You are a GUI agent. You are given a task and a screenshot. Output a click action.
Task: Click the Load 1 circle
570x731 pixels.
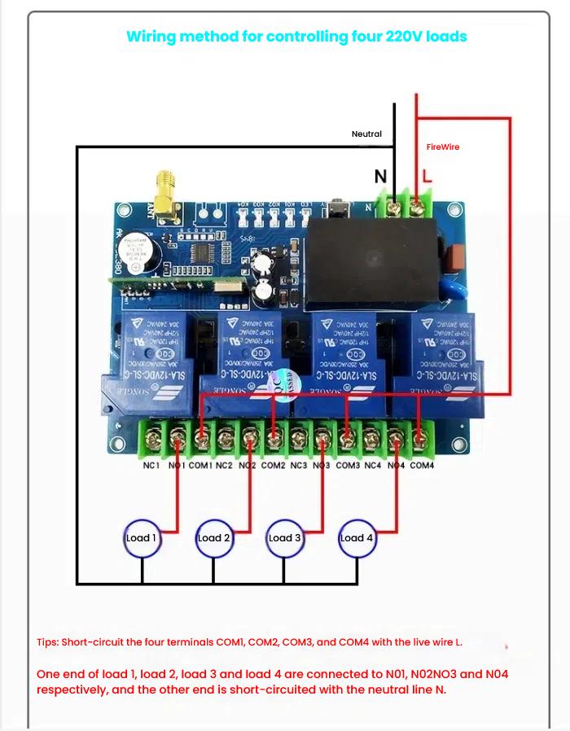pyautogui.click(x=142, y=538)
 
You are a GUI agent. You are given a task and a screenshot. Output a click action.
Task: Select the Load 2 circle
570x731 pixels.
pyautogui.click(x=213, y=538)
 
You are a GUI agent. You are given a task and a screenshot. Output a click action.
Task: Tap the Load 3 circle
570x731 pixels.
pyautogui.click(x=285, y=538)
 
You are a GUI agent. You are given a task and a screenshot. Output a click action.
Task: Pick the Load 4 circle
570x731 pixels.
pyautogui.click(x=357, y=538)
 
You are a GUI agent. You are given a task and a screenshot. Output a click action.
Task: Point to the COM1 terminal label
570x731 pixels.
pyautogui.click(x=199, y=466)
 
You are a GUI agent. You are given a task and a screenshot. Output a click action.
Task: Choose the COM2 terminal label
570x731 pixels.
pyautogui.click(x=273, y=466)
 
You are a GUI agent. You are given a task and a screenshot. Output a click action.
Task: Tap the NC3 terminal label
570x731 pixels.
pyautogui.click(x=299, y=466)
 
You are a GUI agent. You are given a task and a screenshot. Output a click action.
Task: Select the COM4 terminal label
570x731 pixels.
pyautogui.click(x=422, y=466)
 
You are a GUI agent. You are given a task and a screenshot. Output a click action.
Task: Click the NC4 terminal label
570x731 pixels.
pyautogui.click(x=372, y=466)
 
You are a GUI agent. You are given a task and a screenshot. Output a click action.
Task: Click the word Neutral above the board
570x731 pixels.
pyautogui.click(x=366, y=134)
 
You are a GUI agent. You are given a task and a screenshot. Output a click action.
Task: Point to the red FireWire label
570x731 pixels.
pyautogui.click(x=443, y=147)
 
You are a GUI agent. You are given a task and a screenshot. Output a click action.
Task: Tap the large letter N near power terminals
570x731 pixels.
pyautogui.click(x=380, y=177)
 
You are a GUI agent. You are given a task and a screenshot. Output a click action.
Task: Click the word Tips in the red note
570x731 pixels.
pyautogui.click(x=47, y=642)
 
